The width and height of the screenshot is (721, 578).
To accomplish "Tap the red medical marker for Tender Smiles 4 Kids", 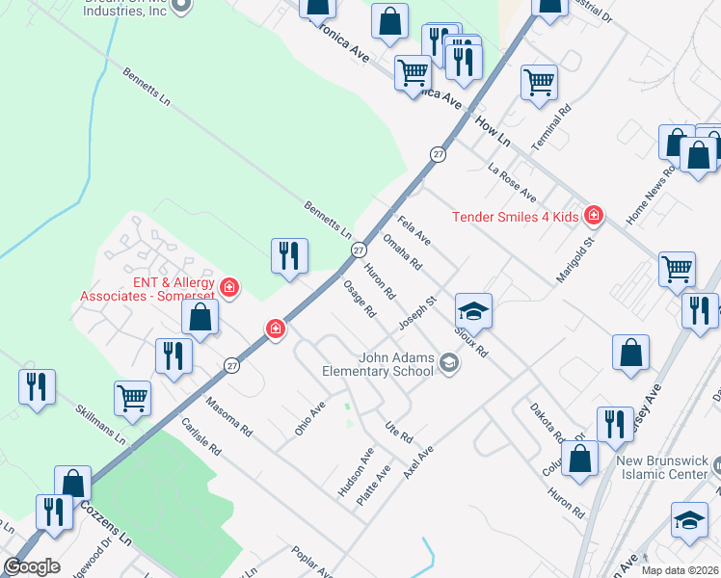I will pyautogui.click(x=594, y=216).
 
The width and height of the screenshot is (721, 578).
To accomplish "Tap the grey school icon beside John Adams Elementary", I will pyautogui.click(x=447, y=362).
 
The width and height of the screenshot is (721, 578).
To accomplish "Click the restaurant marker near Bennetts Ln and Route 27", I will pyautogui.click(x=289, y=256).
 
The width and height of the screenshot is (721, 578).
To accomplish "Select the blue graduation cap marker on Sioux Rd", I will pyautogui.click(x=473, y=310).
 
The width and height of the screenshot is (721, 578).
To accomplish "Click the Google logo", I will pyautogui.click(x=32, y=566).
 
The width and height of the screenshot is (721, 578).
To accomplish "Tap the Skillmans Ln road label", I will pyautogui.click(x=101, y=424).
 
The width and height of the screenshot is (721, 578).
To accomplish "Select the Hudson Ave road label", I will pyautogui.click(x=356, y=470).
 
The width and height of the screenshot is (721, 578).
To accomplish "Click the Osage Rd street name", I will pyautogui.click(x=360, y=298).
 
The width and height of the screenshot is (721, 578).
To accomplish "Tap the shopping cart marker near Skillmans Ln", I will pyautogui.click(x=132, y=397).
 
